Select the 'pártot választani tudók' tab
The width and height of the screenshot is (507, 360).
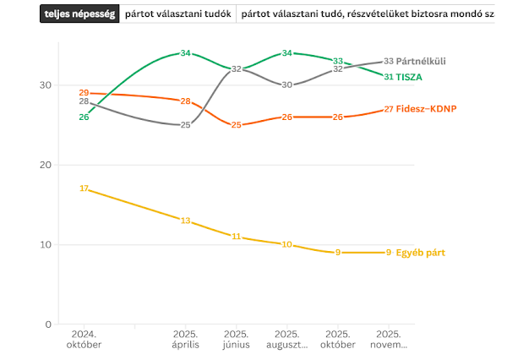click(177, 14)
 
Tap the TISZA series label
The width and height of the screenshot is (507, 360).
click(410, 77)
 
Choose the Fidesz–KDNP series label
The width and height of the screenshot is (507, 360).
click(427, 109)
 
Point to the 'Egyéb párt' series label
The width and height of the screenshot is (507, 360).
click(421, 253)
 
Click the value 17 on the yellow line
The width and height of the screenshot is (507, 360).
click(84, 188)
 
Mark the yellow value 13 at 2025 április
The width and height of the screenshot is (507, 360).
click(185, 221)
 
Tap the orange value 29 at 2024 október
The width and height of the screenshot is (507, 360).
click(84, 93)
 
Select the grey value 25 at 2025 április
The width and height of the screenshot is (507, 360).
click(185, 125)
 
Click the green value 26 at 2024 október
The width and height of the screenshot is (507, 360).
click(84, 117)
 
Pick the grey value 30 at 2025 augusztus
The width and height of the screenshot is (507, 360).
click(287, 85)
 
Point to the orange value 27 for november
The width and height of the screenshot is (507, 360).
click(389, 109)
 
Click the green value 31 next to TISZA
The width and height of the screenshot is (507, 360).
click(389, 77)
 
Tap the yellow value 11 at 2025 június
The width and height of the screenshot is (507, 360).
click(236, 237)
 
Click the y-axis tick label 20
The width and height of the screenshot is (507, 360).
click(46, 165)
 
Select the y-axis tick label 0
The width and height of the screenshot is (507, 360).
click(48, 325)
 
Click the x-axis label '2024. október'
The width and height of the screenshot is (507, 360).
click(84, 340)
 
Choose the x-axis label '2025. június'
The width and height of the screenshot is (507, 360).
click(236, 340)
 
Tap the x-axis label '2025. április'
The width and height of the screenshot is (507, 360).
click(185, 340)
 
